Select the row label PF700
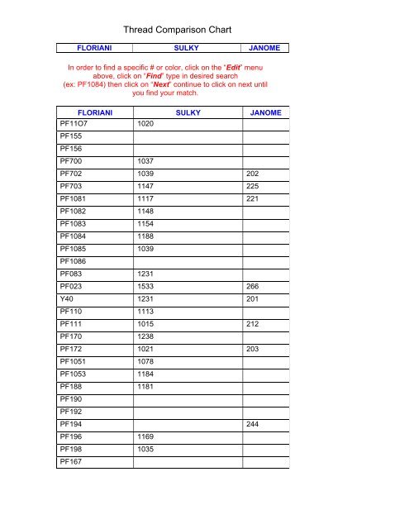pos(69,161)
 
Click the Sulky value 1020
pos(147,122)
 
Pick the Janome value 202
pos(254,174)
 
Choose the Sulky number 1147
pos(147,187)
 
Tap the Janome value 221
pos(254,200)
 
